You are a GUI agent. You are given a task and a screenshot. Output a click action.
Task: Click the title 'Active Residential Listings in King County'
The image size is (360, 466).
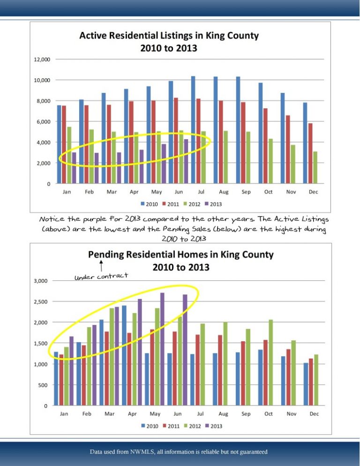pyautogui.click(x=169, y=36)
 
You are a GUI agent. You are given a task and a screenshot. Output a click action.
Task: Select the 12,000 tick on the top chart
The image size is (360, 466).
pyautogui.click(x=42, y=60)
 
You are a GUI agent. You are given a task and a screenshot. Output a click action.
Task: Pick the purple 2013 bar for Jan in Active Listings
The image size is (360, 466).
pyautogui.click(x=74, y=168)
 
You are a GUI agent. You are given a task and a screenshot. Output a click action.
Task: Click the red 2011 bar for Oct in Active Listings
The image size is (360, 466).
pyautogui.click(x=266, y=146)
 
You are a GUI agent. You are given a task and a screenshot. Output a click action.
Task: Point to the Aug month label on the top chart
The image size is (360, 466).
pyautogui.click(x=223, y=192)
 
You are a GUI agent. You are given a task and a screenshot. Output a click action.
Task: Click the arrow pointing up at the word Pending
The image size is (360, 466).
pyautogui.click(x=101, y=266)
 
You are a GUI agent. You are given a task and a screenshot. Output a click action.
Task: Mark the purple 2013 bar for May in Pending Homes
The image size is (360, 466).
pyautogui.click(x=162, y=349)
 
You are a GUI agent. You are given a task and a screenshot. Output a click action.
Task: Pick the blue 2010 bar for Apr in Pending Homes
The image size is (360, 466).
pyautogui.click(x=124, y=355)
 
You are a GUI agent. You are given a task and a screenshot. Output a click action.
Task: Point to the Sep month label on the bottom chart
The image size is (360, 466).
pyautogui.click(x=246, y=414)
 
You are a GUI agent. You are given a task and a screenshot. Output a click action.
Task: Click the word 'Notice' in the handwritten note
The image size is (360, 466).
pyautogui.click(x=53, y=219)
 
